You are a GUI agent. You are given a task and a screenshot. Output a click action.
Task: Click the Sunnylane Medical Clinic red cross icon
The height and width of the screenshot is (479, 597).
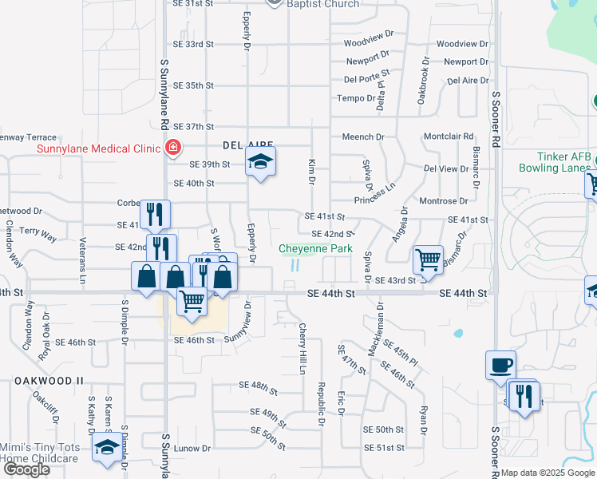coord(171,147)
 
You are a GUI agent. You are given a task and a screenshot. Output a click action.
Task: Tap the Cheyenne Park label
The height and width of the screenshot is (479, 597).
coord(315,249)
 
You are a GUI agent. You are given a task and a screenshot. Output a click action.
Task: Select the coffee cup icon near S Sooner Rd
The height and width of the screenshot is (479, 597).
coord(500,365)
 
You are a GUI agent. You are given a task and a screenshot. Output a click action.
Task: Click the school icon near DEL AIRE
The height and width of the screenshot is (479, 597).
coord(259,162)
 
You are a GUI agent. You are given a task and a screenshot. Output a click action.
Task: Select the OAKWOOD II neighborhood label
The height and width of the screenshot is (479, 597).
coord(49,381)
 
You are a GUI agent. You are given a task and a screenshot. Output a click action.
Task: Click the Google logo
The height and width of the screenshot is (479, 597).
coord(26,469)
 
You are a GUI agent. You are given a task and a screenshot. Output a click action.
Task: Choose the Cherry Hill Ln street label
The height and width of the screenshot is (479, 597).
coord(302,349)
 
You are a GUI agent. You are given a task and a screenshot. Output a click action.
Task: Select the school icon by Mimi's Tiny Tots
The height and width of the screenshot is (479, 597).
coord(106,448)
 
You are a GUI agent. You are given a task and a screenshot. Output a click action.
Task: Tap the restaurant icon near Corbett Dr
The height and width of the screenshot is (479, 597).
coord(155,213)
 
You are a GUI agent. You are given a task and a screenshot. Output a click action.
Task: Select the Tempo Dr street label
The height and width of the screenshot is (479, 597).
coord(355,98)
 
